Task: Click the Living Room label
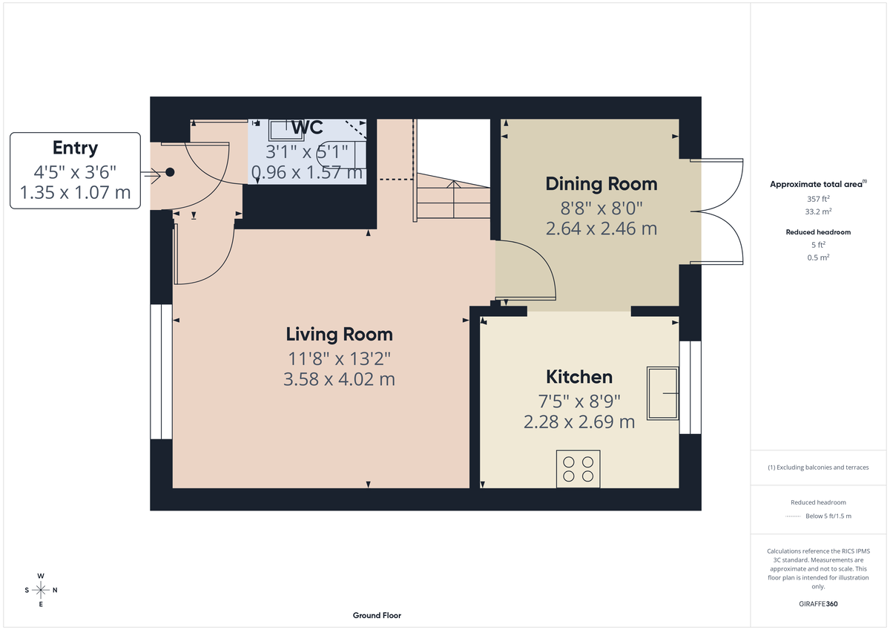point(340,334)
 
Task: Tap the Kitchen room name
point(579,377)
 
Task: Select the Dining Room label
point(601,183)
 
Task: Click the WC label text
point(307,127)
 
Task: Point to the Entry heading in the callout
point(75,148)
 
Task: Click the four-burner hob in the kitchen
point(578,469)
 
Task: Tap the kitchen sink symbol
point(662,392)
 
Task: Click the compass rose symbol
point(41,590)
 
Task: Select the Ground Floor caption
point(377,615)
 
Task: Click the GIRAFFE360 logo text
point(818,604)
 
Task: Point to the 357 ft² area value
point(818,199)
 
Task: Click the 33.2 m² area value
point(818,211)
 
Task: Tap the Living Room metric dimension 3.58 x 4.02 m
point(340,379)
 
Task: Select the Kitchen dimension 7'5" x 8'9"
point(579,401)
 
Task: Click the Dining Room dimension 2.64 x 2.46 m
point(601,229)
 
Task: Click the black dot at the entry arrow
point(170,172)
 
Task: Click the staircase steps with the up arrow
point(452,200)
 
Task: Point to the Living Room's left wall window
point(161,371)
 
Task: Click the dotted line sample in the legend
point(794,516)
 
